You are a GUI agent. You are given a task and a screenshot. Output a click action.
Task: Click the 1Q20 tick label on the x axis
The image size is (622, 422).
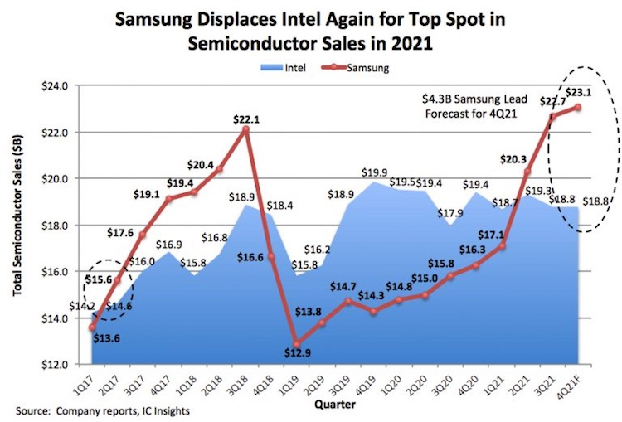(391, 381)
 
